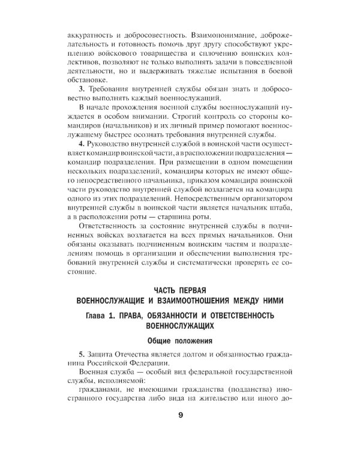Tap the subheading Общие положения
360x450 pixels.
pyautogui.click(x=179, y=341)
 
